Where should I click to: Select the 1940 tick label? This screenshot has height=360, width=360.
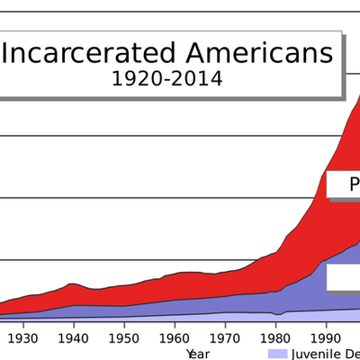coord(75,338)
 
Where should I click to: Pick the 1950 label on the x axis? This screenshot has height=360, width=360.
coord(125,338)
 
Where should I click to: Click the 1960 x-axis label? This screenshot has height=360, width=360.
coord(175,338)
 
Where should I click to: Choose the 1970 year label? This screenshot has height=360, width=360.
coord(226,338)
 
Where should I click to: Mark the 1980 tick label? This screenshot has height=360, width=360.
coord(276,338)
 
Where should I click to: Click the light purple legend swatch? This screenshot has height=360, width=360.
coord(278,353)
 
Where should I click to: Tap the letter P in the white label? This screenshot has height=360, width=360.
coord(354,184)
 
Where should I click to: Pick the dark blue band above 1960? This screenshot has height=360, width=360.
coord(175,307)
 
